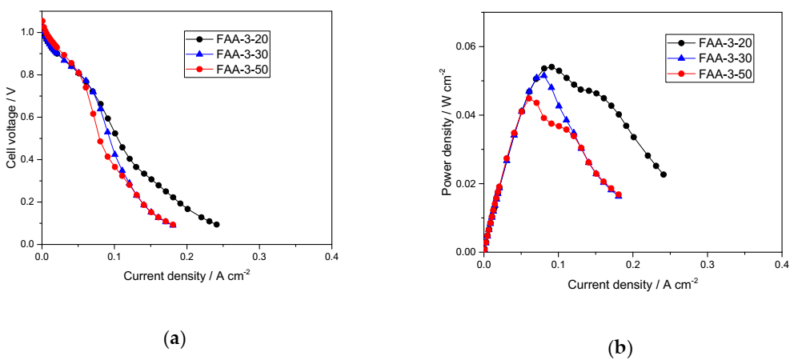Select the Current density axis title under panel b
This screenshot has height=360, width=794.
pos(632,284)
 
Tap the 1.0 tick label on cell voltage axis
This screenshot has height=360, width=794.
pos(28,32)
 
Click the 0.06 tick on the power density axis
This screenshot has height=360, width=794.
pos(465,46)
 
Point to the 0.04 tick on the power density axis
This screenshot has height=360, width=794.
pos(465,115)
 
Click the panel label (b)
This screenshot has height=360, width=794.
pos(620,348)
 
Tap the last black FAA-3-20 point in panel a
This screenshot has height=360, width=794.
pos(216,225)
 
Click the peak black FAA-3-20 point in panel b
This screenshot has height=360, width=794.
pos(551,67)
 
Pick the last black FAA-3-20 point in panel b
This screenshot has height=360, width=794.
pos(664,174)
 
